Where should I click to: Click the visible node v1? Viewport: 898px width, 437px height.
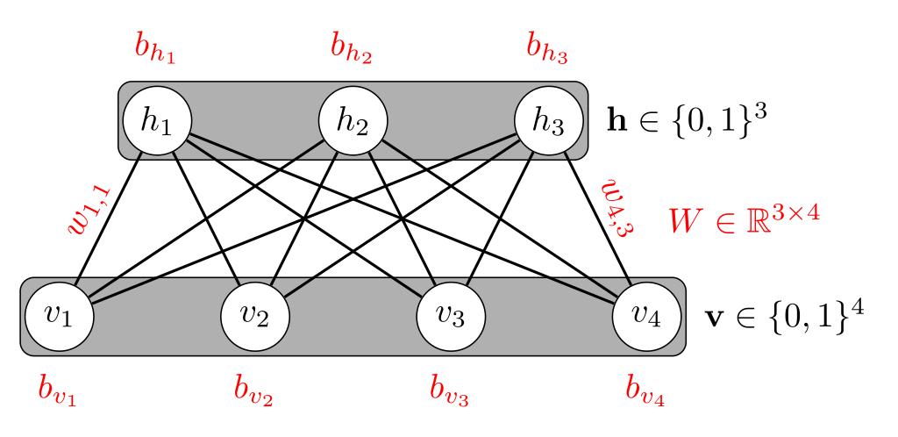click(x=61, y=317)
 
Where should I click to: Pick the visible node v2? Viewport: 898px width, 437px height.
click(x=256, y=317)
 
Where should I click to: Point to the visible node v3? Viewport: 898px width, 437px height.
click(x=452, y=317)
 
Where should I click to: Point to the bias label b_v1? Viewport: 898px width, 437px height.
click(x=59, y=388)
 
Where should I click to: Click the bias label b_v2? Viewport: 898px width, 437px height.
click(x=254, y=388)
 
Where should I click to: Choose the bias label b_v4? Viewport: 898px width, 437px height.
click(x=646, y=388)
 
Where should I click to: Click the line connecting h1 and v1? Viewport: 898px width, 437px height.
click(x=110, y=219)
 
